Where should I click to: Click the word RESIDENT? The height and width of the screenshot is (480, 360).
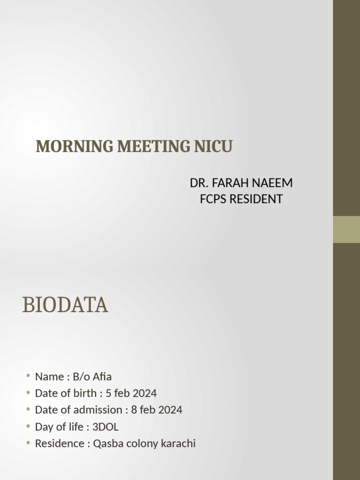pyautogui.click(x=255, y=199)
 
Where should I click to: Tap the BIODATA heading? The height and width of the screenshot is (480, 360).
pyautogui.click(x=65, y=305)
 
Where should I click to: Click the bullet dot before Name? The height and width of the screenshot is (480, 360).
pyautogui.click(x=28, y=376)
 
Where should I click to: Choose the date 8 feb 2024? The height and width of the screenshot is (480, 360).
pyautogui.click(x=157, y=410)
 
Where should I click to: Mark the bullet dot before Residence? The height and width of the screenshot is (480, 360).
pyautogui.click(x=28, y=443)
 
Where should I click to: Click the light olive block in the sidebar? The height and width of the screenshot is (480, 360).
pyautogui.click(x=346, y=229)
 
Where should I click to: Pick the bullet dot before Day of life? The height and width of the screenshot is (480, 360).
pyautogui.click(x=28, y=426)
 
